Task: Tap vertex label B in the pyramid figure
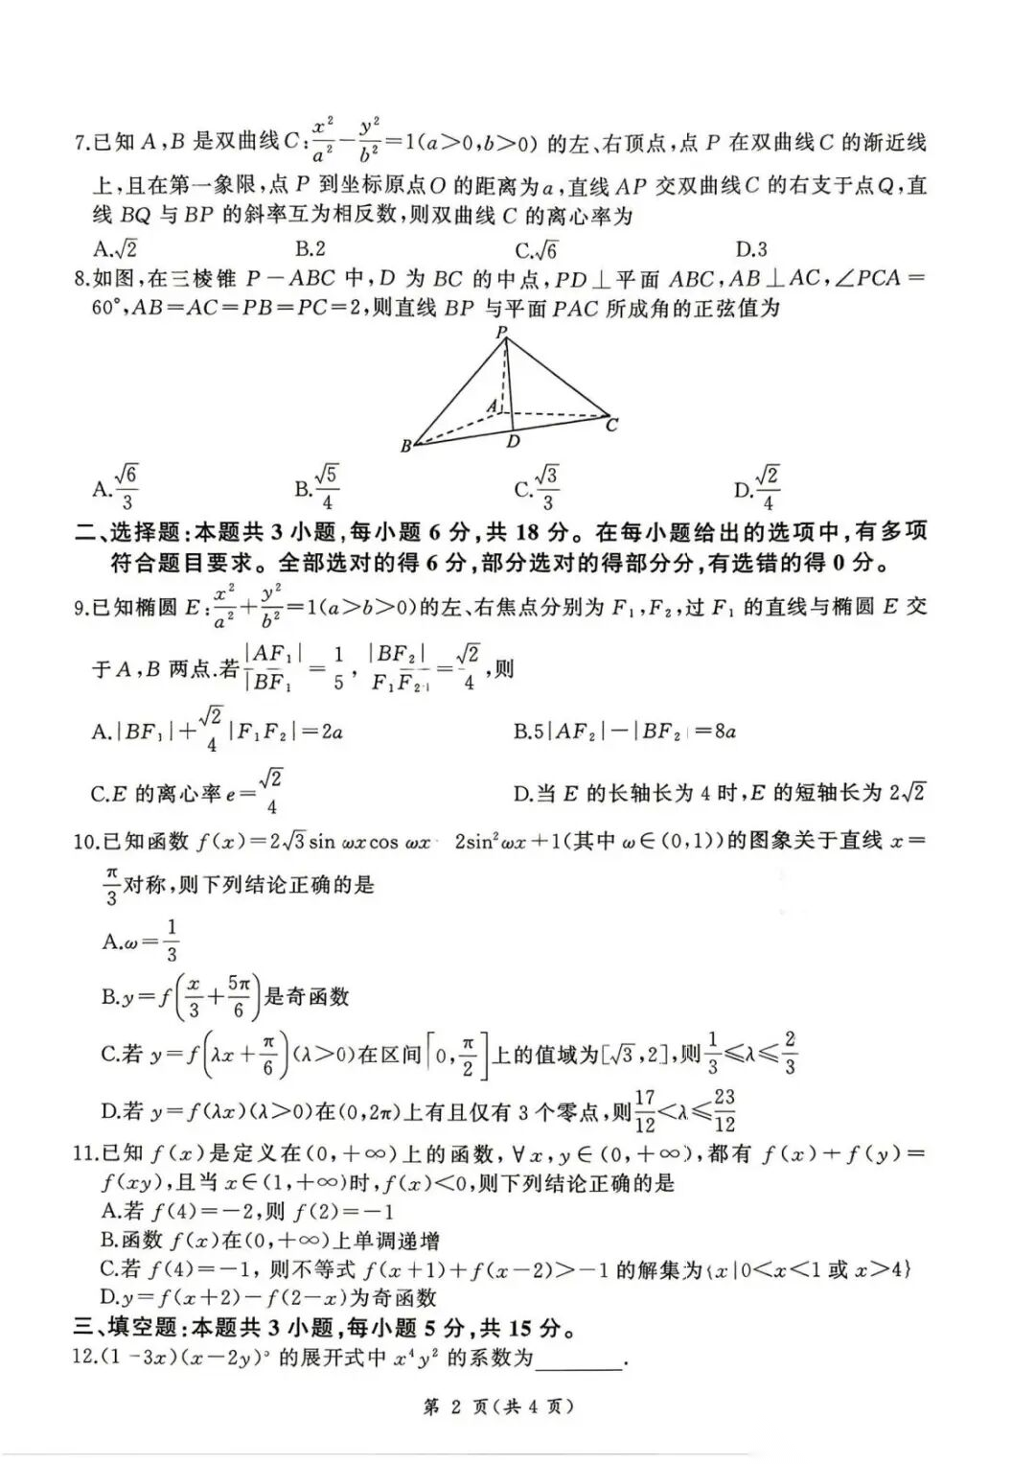[x=406, y=446]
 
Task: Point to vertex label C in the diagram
[x=612, y=425]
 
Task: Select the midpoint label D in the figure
[x=514, y=441]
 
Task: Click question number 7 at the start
[x=80, y=145]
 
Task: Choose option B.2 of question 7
[x=310, y=249]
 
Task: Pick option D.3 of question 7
[x=751, y=249]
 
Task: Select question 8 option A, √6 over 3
[x=116, y=488]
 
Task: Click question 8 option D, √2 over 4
[x=756, y=488]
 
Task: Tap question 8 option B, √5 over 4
[x=316, y=488]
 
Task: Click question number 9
[x=80, y=608]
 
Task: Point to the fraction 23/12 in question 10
[x=724, y=1110]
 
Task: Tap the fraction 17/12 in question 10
[x=645, y=1110]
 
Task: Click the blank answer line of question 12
[x=580, y=1359]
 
